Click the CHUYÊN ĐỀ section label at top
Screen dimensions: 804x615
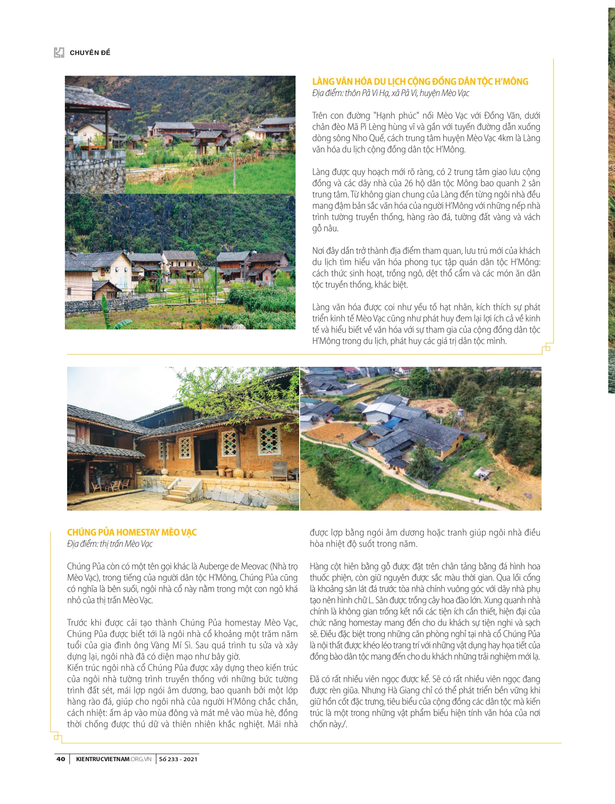[x=90, y=53]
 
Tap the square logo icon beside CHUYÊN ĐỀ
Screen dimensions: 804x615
[x=59, y=53]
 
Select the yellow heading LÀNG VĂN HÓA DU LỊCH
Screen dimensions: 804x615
[x=420, y=82]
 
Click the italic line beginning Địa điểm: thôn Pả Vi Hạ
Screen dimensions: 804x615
[x=391, y=93]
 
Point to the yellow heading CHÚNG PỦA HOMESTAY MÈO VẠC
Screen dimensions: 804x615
[x=132, y=532]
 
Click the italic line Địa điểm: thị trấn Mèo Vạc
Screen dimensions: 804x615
[x=110, y=544]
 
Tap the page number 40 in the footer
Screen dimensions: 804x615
[x=61, y=759]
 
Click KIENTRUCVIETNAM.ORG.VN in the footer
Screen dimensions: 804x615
[x=114, y=759]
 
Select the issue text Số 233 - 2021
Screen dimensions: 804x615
[x=178, y=759]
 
